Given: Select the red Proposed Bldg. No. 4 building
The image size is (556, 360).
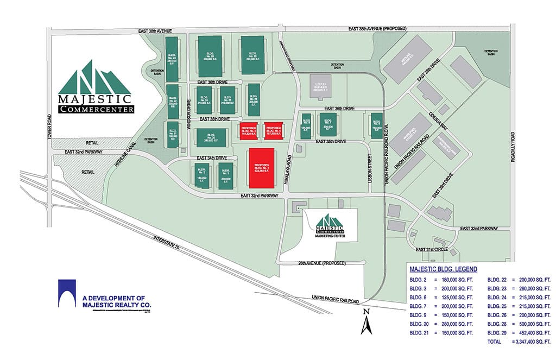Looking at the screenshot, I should (247, 130).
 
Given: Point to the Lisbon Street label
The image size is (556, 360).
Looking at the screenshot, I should (369, 168).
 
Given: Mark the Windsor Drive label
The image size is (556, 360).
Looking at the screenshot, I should (188, 108).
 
